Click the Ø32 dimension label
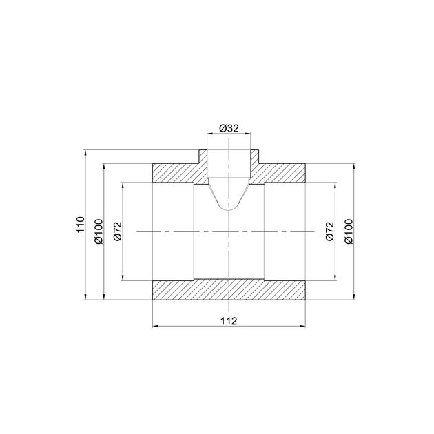coord(229,128)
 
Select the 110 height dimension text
coord(81,225)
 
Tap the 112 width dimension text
coord(229,321)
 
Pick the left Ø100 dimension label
coord(99,231)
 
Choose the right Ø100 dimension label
coord(349,231)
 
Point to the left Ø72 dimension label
coord(118,231)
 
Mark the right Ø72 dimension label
coord(330,231)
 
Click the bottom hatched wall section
coord(229,290)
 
